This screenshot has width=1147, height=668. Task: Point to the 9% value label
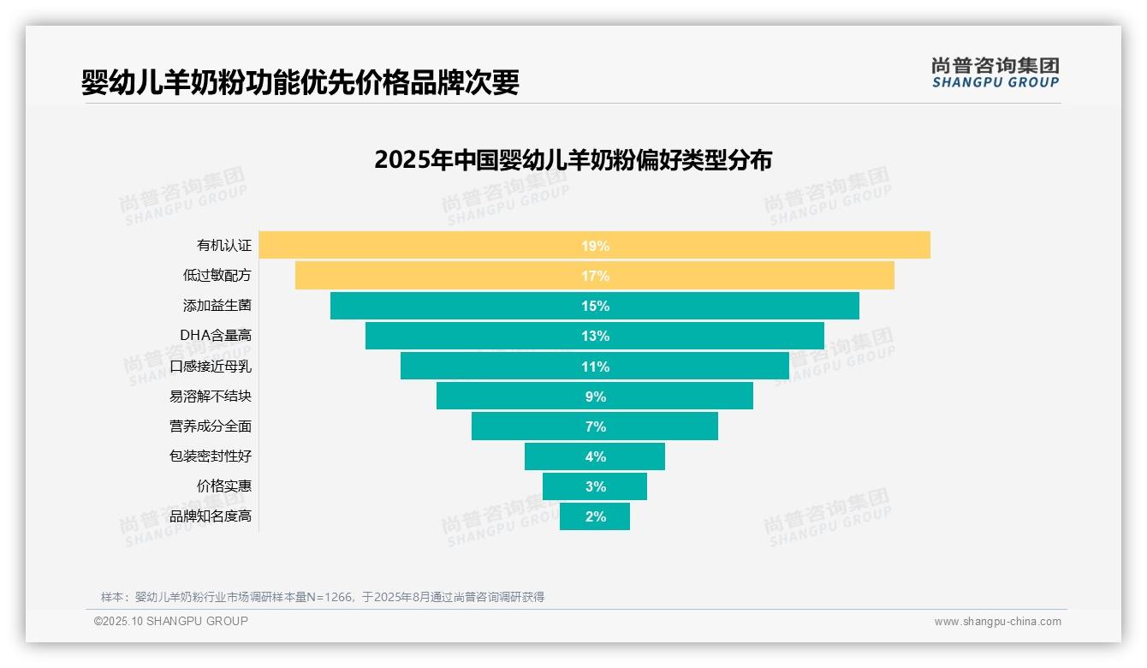[x=595, y=397]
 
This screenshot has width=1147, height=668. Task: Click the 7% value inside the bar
[x=595, y=426]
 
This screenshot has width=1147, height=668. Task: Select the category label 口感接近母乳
[x=211, y=366]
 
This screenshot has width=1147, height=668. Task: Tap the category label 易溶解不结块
[x=211, y=397]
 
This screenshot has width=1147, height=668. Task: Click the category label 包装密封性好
[x=211, y=456]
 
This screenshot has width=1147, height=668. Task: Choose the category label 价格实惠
[x=224, y=486]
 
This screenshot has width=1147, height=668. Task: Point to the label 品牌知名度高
[x=211, y=516]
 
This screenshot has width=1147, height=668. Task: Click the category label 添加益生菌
[x=217, y=306]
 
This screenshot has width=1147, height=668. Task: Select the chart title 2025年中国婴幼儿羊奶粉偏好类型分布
[x=573, y=160]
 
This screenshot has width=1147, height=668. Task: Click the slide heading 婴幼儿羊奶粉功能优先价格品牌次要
[x=300, y=82]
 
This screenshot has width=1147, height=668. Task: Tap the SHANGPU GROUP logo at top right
[x=995, y=73]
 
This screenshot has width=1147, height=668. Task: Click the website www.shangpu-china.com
[x=997, y=622]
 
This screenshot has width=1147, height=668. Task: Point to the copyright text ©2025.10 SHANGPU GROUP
[x=171, y=621]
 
